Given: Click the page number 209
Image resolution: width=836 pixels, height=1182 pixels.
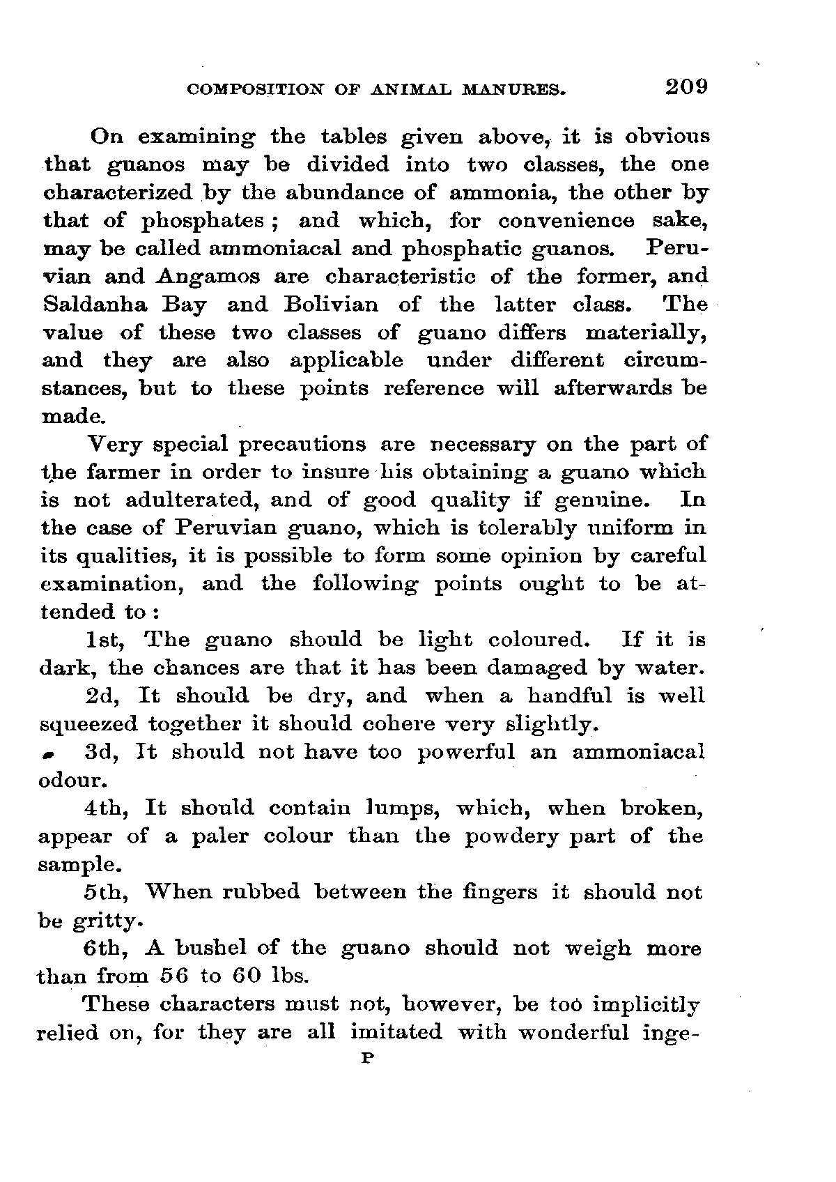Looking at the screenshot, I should (686, 86).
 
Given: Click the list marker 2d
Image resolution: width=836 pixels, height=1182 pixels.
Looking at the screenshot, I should (103, 696).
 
